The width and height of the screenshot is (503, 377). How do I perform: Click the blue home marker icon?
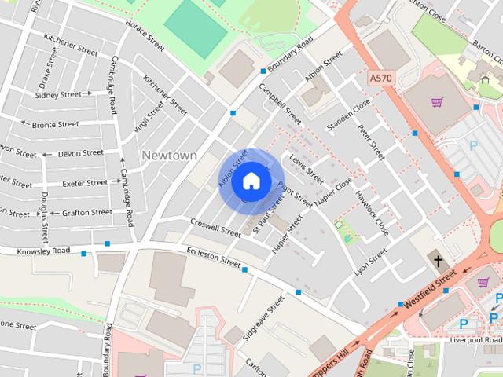pos(251,181)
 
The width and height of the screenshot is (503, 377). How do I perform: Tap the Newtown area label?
pos(170,156)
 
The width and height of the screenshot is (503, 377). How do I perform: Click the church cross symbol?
pos(437,261)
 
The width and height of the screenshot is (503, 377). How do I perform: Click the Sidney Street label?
pos(59,94)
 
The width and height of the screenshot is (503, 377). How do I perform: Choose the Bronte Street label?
pos(55,124)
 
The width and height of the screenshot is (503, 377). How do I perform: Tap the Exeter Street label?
pos(85,183)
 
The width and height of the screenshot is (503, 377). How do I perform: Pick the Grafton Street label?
pos(88,212)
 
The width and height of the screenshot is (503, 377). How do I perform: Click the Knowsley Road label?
pos(45,251)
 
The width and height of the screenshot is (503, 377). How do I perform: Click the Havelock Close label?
pos(372,214)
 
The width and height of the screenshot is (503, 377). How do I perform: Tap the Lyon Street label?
pos(371,262)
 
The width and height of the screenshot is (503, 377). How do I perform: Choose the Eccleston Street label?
pos(214,255)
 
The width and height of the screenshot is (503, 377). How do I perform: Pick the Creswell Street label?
pos(215,227)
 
